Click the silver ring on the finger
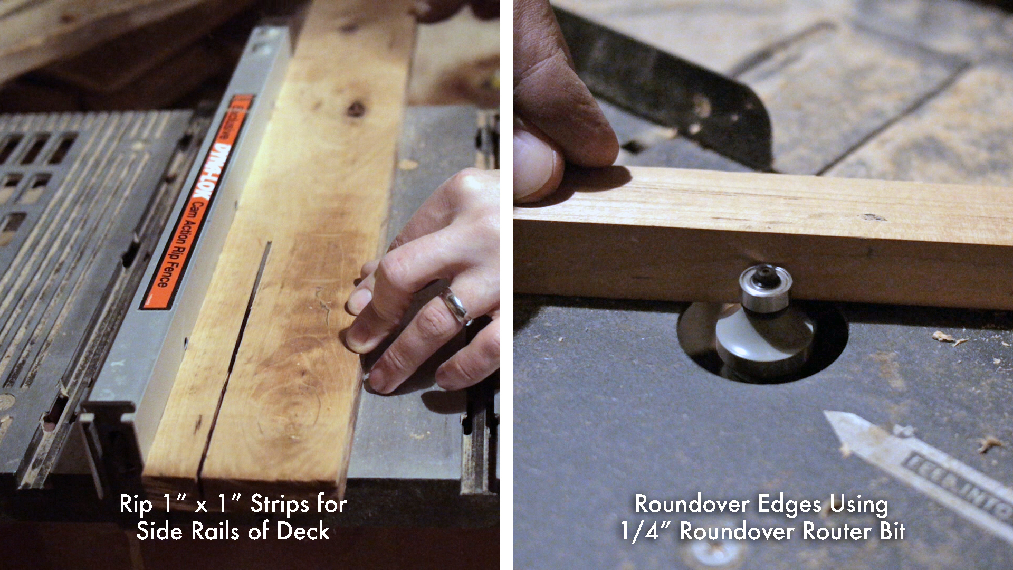point(457,306)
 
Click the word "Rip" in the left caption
point(136,505)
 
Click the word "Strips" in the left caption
point(280,505)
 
